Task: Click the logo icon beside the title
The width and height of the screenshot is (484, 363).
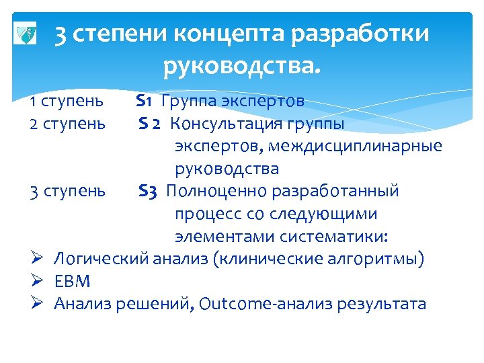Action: coord(26,34)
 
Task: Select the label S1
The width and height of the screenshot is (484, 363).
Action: coord(146,102)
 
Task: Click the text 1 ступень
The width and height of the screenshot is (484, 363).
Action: coord(67,102)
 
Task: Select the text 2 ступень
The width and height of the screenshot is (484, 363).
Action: coord(67,124)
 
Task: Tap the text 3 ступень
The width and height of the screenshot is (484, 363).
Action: coord(67,191)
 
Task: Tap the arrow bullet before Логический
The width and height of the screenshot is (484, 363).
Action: coord(38,258)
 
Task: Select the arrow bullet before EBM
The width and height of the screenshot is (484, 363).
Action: coord(38,281)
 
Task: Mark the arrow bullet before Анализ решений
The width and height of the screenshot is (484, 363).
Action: coord(38,303)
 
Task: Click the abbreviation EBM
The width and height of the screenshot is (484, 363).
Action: coord(72,281)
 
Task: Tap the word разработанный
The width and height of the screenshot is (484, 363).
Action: coord(335,191)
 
